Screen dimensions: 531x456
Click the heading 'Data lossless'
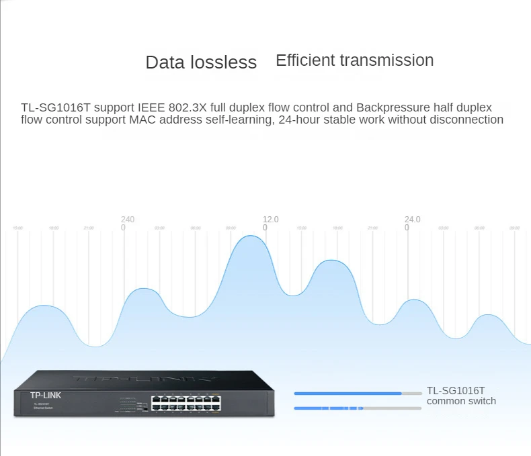[201, 62]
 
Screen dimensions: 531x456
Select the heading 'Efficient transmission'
[354, 60]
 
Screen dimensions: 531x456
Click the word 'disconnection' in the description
[468, 120]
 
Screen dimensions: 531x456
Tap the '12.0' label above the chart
[270, 220]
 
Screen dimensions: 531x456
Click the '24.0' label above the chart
[412, 220]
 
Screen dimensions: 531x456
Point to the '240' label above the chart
[128, 220]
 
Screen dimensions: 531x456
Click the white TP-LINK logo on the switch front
[46, 396]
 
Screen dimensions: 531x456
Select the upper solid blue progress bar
[348, 394]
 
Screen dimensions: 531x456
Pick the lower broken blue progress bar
[329, 408]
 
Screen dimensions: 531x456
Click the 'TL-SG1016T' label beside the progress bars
[456, 390]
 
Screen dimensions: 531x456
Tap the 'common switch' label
[461, 401]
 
